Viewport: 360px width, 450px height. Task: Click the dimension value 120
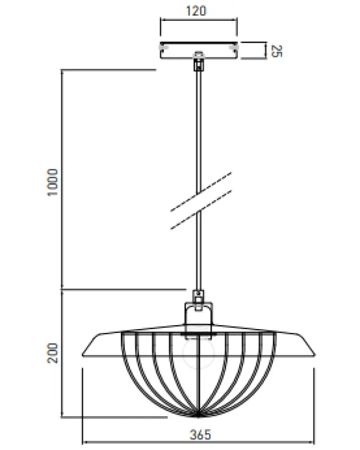pos(198,10)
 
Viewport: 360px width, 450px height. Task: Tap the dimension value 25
pos(276,51)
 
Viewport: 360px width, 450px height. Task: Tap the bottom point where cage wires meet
pos(197,416)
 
